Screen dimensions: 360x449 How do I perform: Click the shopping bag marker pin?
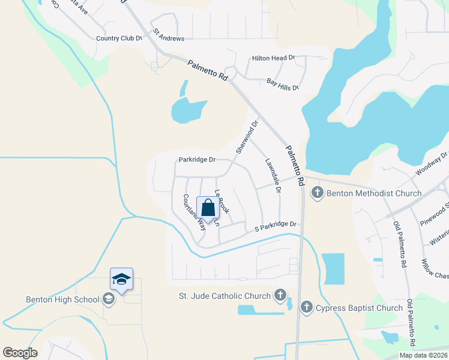(x=208, y=209)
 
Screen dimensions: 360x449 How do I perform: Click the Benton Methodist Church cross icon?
(x=317, y=193)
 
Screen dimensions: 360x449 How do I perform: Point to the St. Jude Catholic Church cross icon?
(x=280, y=295)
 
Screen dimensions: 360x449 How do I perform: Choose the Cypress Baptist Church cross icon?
(x=306, y=308)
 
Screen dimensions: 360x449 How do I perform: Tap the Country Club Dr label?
(x=119, y=38)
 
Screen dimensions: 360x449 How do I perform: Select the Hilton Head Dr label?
(x=273, y=58)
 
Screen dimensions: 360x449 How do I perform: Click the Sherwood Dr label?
(x=246, y=137)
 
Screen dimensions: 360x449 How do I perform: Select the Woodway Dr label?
(x=431, y=164)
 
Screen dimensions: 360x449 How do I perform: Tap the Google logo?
(x=20, y=352)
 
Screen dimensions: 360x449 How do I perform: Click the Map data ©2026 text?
(x=423, y=355)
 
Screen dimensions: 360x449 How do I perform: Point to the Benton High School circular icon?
(x=109, y=299)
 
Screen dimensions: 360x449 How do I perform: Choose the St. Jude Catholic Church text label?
(x=226, y=295)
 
